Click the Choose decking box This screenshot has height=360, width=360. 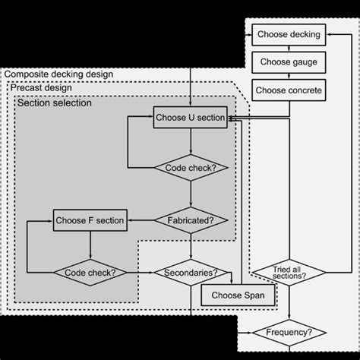click(289, 34)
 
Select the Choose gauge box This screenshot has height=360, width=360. click(289, 62)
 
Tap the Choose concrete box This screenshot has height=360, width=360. click(289, 90)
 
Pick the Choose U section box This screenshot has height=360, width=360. click(190, 118)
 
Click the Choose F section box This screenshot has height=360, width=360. click(90, 221)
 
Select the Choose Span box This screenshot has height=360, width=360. click(236, 295)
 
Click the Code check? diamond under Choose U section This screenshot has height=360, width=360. click(190, 168)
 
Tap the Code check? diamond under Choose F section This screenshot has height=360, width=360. click(90, 272)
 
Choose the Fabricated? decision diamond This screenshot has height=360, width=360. click(190, 221)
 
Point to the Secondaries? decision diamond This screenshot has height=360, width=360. click(190, 272)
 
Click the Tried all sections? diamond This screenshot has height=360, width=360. click(289, 271)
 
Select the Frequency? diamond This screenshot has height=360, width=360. click(289, 333)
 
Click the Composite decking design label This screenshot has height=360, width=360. click(59, 74)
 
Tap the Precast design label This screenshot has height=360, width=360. click(42, 88)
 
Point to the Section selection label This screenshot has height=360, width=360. click(55, 103)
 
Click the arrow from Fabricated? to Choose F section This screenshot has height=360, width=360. click(139, 221)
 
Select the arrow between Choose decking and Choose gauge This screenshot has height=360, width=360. click(289, 48)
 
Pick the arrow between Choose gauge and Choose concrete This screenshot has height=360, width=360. click(289, 76)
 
